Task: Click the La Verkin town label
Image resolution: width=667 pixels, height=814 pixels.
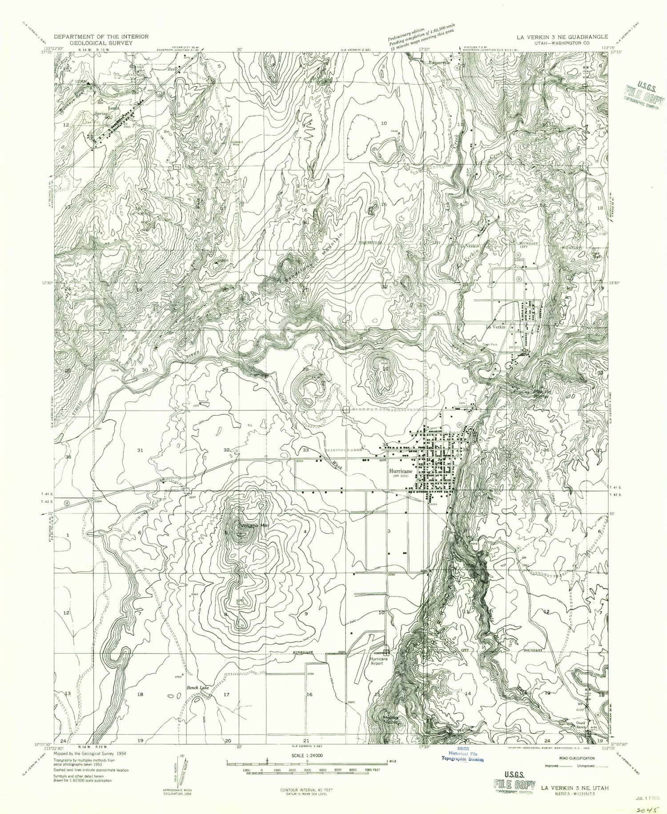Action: (497, 327)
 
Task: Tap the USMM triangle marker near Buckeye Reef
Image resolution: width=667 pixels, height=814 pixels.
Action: (88, 83)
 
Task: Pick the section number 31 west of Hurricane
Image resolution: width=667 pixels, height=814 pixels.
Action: (141, 450)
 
